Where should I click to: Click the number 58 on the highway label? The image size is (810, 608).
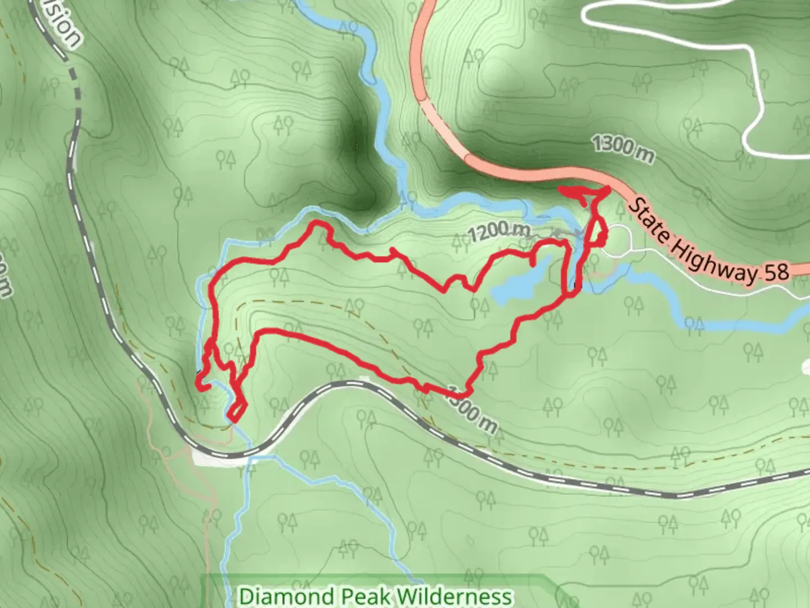click(776, 272)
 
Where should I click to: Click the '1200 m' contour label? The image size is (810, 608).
click(498, 231)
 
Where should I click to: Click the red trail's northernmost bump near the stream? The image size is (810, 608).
click(319, 225)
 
